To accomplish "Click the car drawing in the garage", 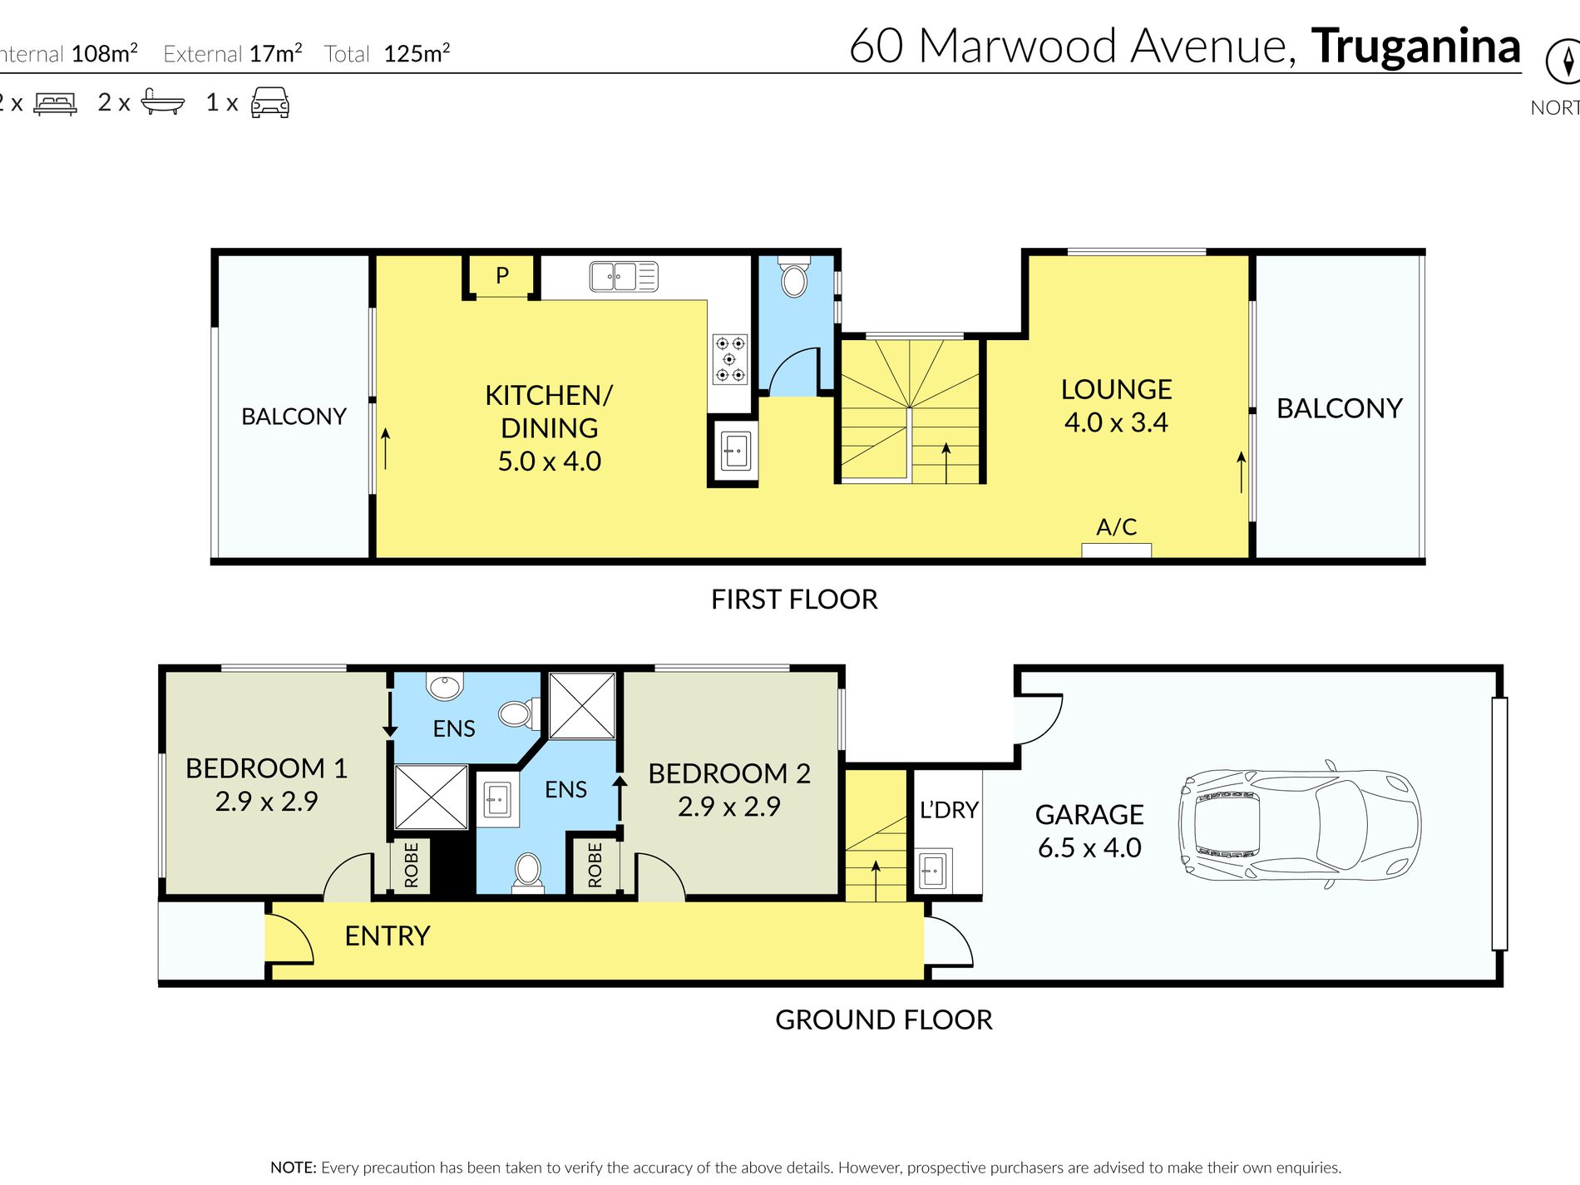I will click(x=1299, y=824).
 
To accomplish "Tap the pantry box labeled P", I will click(x=501, y=275).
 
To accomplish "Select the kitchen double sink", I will click(x=623, y=276).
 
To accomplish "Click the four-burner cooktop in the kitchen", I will click(x=729, y=359).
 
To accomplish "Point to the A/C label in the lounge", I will click(x=1116, y=527).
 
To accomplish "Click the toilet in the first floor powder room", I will click(x=794, y=279).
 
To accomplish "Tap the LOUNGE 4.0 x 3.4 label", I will click(x=1116, y=406).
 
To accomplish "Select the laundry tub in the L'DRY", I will click(x=932, y=871).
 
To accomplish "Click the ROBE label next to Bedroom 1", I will click(x=411, y=865).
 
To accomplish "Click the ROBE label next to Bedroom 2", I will click(x=595, y=865).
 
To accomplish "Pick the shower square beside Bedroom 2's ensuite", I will click(x=582, y=706).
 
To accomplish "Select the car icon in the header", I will click(x=269, y=102).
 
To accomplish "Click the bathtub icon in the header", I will click(x=162, y=101).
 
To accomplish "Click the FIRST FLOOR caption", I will click(x=793, y=600).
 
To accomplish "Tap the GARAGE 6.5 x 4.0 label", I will click(x=1089, y=831).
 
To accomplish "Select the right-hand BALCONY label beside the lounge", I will click(x=1339, y=408).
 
